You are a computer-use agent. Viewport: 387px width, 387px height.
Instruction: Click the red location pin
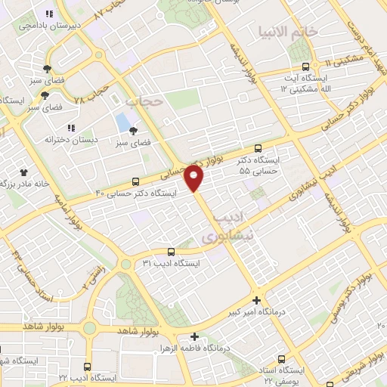[x=195, y=178]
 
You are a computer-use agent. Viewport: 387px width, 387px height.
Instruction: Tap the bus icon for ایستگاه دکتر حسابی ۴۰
[x=135, y=181]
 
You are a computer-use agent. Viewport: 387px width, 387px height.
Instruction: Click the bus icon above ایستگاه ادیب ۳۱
[x=171, y=252]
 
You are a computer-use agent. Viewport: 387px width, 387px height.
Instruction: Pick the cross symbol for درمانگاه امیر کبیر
[x=256, y=299]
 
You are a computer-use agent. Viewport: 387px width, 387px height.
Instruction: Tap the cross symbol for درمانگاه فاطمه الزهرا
[x=194, y=337]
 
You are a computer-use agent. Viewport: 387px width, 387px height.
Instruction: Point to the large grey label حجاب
[x=143, y=101]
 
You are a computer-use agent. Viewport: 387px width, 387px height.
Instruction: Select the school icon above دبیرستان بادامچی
[x=49, y=14]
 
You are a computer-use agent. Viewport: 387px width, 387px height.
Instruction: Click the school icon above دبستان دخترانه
[x=71, y=128]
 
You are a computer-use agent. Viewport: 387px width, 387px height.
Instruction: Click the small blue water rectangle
[x=121, y=120]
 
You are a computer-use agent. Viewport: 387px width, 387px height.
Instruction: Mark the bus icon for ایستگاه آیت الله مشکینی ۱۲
[x=305, y=67]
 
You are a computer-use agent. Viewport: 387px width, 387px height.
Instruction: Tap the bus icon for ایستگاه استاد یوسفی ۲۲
[x=282, y=359]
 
